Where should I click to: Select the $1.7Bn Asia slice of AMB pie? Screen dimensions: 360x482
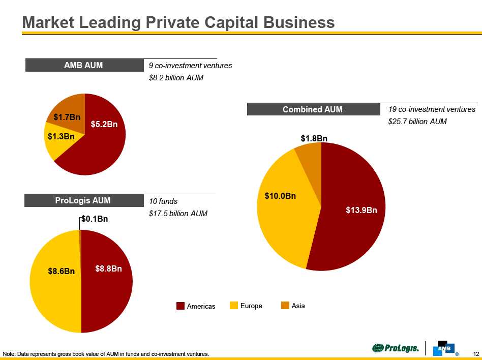click(68, 117)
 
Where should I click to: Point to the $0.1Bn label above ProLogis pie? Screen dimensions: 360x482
click(95, 219)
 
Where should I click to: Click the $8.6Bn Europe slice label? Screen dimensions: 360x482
click(62, 272)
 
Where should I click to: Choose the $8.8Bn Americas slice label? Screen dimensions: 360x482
click(108, 268)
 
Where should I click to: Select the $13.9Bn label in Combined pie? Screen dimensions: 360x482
click(361, 210)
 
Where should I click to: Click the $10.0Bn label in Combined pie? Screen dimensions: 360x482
click(280, 195)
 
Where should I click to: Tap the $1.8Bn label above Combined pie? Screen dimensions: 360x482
click(314, 138)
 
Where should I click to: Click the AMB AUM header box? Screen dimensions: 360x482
click(83, 65)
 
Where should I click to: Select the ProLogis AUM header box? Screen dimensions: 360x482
click(83, 201)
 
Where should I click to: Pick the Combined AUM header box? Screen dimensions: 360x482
click(313, 109)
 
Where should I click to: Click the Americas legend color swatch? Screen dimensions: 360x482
click(180, 306)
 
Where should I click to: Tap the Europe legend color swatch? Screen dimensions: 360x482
click(234, 306)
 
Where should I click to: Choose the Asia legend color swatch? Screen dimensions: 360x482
click(285, 306)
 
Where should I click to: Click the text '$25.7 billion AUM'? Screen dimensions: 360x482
click(417, 122)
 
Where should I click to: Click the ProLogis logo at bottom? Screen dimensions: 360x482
click(396, 348)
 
